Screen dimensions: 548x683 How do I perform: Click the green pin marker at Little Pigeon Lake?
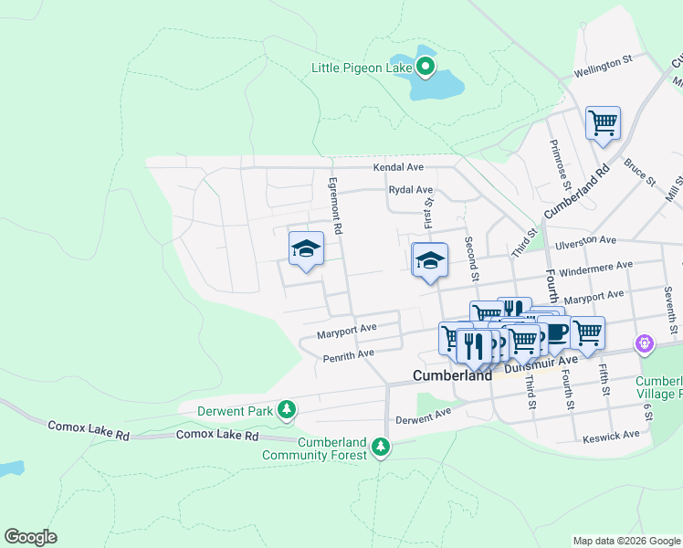[x=426, y=66]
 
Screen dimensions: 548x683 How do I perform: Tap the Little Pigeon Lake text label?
[x=363, y=68]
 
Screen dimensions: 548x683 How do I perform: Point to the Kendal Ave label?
[x=398, y=168]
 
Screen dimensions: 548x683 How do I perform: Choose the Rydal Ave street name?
[x=410, y=190]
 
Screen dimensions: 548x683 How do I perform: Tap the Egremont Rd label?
[x=335, y=206]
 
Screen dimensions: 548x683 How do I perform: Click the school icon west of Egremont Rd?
[x=307, y=248]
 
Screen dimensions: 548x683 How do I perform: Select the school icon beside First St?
[x=430, y=260]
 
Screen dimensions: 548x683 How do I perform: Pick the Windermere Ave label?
[x=597, y=265]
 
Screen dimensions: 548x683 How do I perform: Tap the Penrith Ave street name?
[x=349, y=353]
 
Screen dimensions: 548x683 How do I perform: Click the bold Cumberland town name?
[x=452, y=374]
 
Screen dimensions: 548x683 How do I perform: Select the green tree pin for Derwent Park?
[x=287, y=410]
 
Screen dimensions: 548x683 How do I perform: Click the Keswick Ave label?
[x=611, y=436]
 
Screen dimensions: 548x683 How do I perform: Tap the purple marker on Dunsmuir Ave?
[x=645, y=343]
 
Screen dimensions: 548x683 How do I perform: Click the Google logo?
[x=30, y=537]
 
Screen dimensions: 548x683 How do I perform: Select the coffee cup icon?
[x=552, y=332]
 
